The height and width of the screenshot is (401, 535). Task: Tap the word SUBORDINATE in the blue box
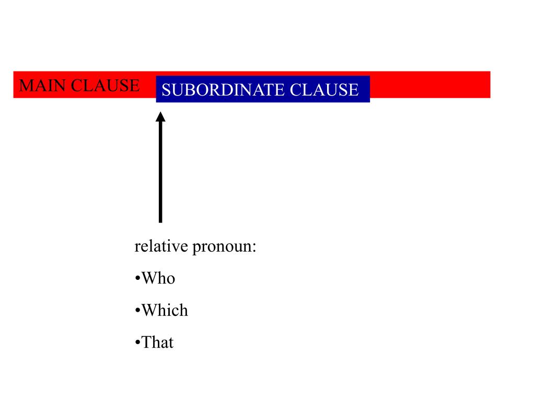click(x=224, y=90)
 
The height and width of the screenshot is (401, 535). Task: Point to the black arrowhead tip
click(x=160, y=112)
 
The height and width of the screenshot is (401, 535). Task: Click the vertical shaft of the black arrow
click(x=160, y=172)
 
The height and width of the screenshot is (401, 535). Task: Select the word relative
click(x=161, y=246)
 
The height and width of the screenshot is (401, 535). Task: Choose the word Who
click(x=158, y=278)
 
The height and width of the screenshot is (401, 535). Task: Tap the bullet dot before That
click(x=137, y=344)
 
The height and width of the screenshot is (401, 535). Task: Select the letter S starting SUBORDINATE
click(x=166, y=90)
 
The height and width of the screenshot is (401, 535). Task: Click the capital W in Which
click(x=149, y=311)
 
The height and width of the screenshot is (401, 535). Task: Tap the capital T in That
click(x=147, y=343)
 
